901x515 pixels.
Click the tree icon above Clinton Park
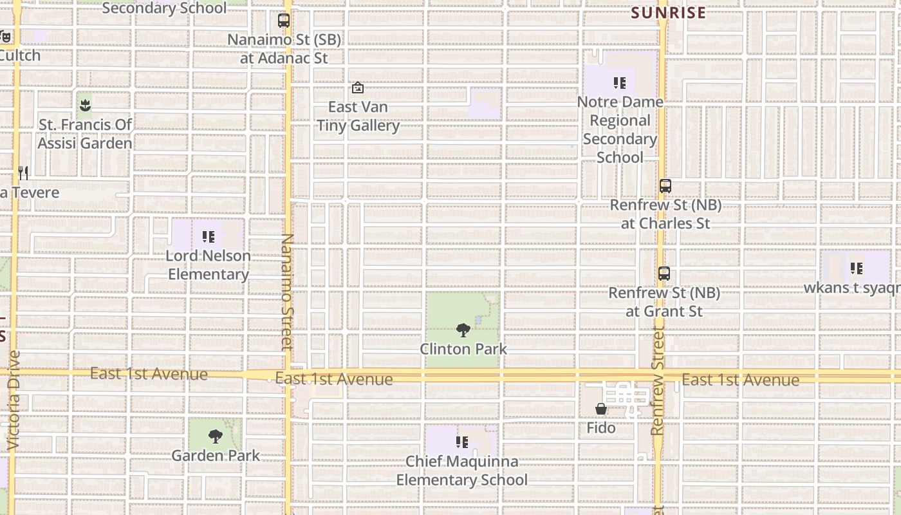click(463, 331)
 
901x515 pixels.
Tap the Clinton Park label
click(463, 349)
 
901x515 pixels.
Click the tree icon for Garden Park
click(216, 436)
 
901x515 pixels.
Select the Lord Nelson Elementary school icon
click(208, 237)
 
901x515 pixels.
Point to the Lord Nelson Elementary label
click(208, 265)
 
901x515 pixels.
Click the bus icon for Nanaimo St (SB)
click(284, 21)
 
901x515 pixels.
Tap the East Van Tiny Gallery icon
click(358, 88)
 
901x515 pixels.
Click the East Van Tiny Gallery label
click(358, 116)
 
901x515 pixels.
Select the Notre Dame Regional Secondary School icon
click(620, 82)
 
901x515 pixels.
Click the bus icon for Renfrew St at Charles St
click(665, 186)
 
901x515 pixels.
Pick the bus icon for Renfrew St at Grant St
click(664, 274)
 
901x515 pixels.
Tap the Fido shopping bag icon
click(600, 409)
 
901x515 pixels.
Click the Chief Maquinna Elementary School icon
click(461, 442)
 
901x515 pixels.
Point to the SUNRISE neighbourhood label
click(668, 13)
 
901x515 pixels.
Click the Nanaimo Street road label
click(287, 293)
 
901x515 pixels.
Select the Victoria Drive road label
click(14, 399)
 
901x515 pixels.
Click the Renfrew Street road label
click(657, 380)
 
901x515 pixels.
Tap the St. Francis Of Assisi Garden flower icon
click(84, 104)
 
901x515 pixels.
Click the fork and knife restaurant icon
click(23, 173)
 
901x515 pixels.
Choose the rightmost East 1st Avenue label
click(740, 380)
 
